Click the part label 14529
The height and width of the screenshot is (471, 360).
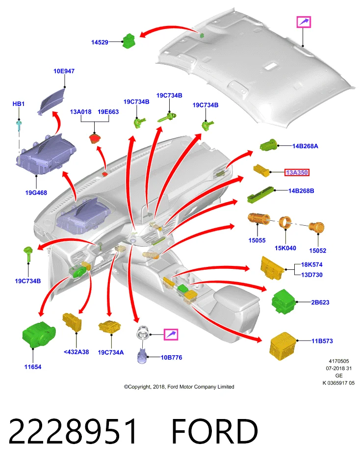pyautogui.click(x=100, y=42)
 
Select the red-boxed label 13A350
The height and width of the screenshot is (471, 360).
pyautogui.click(x=297, y=172)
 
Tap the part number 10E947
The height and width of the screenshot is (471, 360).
pyautogui.click(x=64, y=71)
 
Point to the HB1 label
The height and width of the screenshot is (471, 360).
pyautogui.click(x=19, y=104)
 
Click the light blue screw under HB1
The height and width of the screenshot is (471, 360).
pyautogui.click(x=20, y=125)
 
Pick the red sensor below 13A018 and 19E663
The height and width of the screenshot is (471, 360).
pyautogui.click(x=95, y=139)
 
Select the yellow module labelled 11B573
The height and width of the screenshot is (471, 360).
pyautogui.click(x=283, y=345)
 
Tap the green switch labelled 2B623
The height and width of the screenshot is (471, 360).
pyautogui.click(x=284, y=302)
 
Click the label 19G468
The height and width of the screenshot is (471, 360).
pyautogui.click(x=36, y=193)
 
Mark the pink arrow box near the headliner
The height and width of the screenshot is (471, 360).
pyautogui.click(x=304, y=22)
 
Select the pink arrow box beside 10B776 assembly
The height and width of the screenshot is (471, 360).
pyautogui.click(x=171, y=334)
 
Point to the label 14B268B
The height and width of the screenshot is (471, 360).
pyautogui.click(x=301, y=191)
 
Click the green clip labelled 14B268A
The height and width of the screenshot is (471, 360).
pyautogui.click(x=269, y=145)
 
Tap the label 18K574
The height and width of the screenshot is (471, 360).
pyautogui.click(x=311, y=264)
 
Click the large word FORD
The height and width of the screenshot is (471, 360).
pyautogui.click(x=215, y=432)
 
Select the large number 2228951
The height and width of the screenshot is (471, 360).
pyautogui.click(x=73, y=432)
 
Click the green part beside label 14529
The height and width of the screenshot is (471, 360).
pyautogui.click(x=129, y=41)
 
